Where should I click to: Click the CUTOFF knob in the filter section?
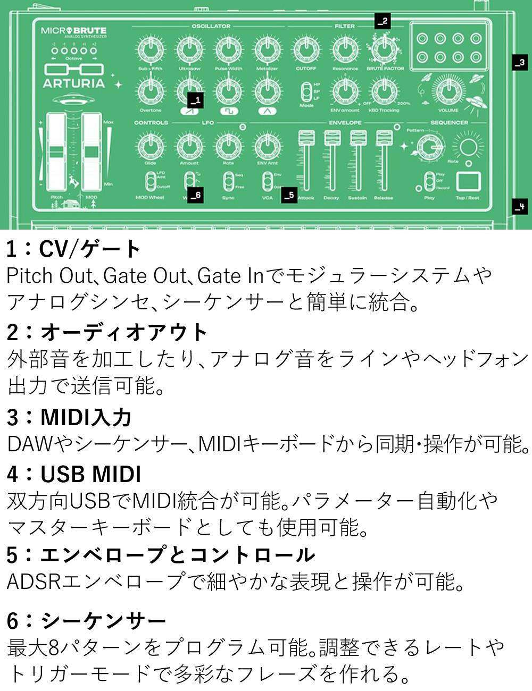tap(306, 50)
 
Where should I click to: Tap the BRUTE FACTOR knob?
tap(384, 50)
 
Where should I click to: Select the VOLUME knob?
tap(448, 91)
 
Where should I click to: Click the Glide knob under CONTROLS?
tap(151, 146)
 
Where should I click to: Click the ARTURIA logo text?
tap(74, 83)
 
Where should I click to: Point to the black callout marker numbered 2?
tap(382, 21)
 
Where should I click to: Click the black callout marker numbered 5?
tap(289, 195)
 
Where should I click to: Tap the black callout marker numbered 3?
tap(520, 62)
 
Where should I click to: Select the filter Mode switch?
tap(306, 91)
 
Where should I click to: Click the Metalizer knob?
tap(267, 50)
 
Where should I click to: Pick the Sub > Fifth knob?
tap(151, 50)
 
